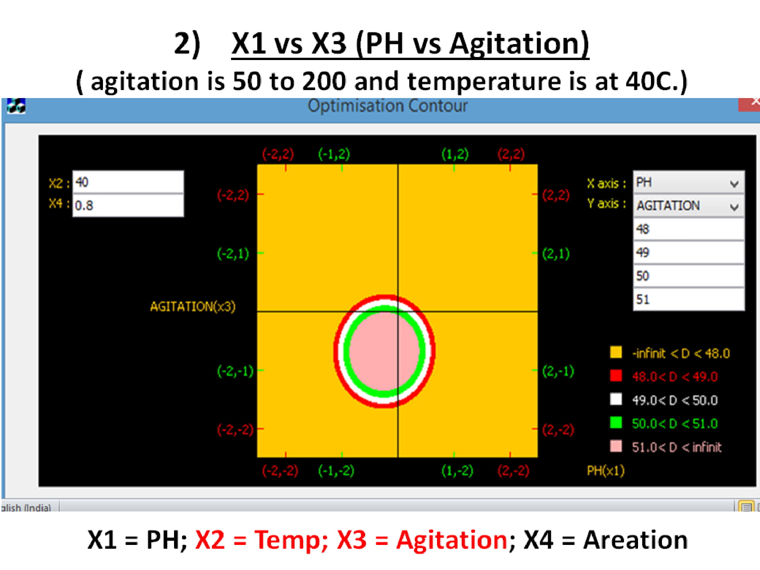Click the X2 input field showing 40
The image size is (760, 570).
pos(128,182)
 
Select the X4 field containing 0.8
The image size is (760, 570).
pos(128,206)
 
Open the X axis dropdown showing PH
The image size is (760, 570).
pos(689,183)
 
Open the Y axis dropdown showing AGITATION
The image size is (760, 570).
pos(689,206)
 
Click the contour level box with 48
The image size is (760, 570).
pos(689,229)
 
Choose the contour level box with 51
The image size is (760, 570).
pos(689,299)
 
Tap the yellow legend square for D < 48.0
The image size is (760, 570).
pos(616,352)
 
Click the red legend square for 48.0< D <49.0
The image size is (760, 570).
pos(616,375)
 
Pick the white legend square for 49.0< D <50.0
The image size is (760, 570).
pos(616,399)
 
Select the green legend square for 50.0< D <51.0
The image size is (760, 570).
pos(616,423)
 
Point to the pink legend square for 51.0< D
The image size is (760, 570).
pos(616,446)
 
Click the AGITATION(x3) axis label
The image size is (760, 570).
pos(193,307)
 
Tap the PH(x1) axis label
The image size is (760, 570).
pos(606,471)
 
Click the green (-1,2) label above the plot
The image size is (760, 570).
pos(334,154)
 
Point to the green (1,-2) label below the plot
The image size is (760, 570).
pos(457,471)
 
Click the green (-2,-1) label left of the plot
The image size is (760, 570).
pos(235,371)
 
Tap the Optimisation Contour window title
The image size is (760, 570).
pos(388,106)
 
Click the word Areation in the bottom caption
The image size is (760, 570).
pos(635,540)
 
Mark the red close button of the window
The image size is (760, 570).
pos(749,104)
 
